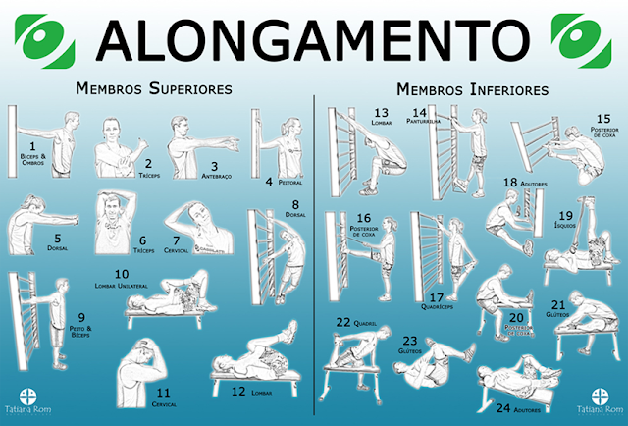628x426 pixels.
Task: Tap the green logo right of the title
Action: [584, 36]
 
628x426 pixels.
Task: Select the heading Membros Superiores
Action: [155, 88]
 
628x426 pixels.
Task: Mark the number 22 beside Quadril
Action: [343, 321]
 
